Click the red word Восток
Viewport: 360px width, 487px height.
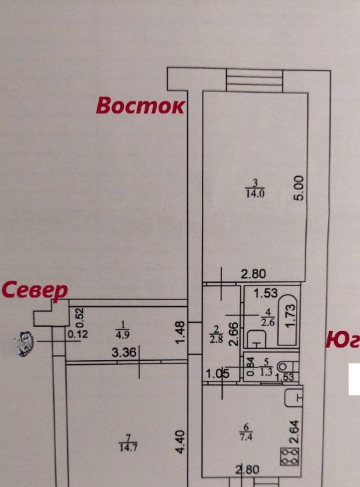click(141, 105)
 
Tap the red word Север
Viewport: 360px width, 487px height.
click(35, 290)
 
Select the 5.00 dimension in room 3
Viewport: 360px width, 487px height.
click(300, 188)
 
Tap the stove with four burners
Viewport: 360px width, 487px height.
click(289, 456)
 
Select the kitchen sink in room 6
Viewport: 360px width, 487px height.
click(293, 397)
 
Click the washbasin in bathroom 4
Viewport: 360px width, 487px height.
click(257, 338)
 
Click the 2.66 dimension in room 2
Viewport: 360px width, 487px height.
click(235, 334)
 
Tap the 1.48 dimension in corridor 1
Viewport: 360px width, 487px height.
click(180, 332)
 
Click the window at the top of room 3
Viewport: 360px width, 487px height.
click(255, 81)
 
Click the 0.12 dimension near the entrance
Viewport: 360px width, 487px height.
click(78, 334)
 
